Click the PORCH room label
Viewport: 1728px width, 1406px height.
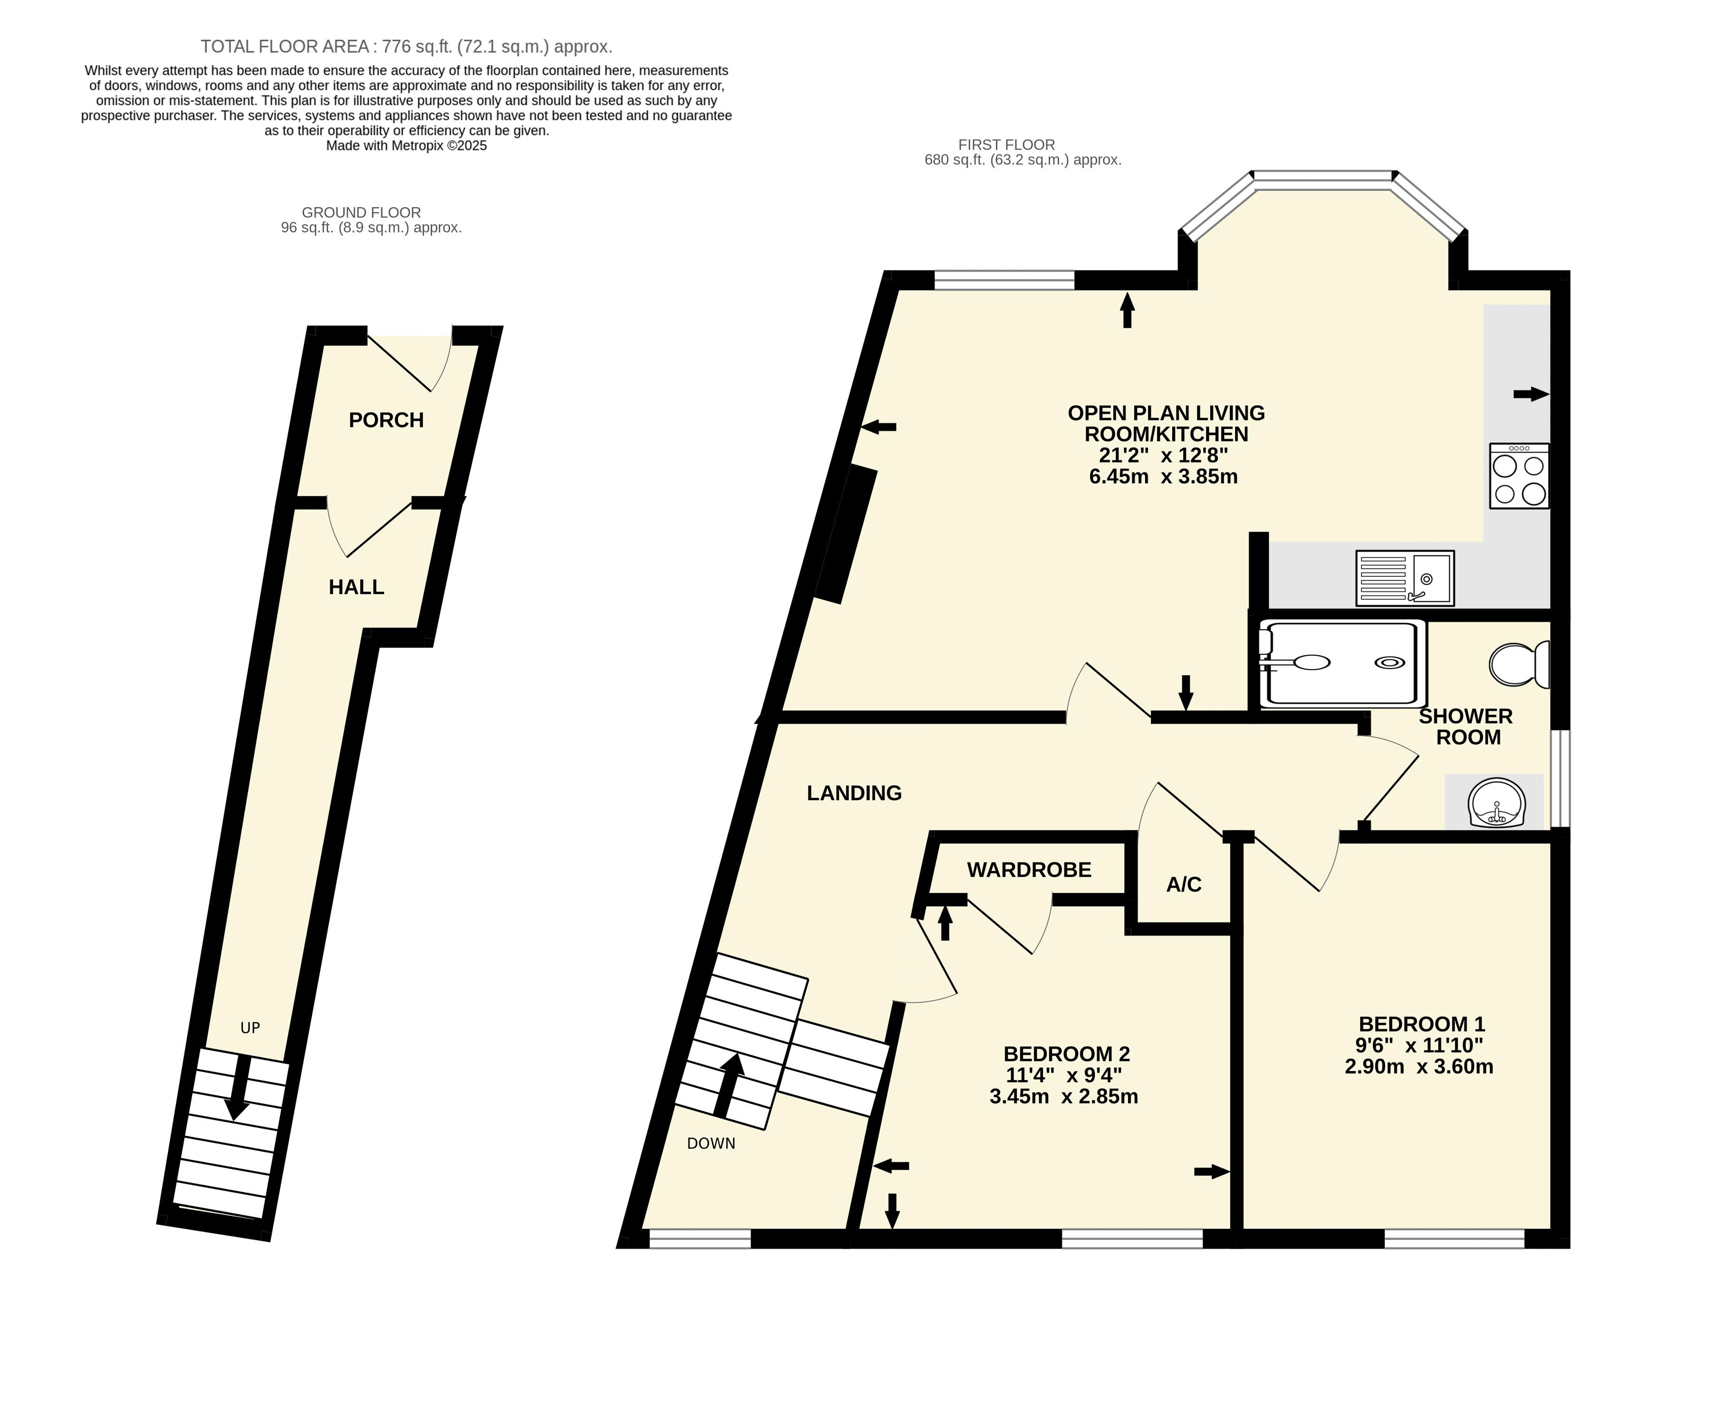pyautogui.click(x=386, y=420)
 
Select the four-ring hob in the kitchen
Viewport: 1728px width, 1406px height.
pyautogui.click(x=1519, y=476)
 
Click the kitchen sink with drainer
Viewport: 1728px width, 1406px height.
pyautogui.click(x=1405, y=578)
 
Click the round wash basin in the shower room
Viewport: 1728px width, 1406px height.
pyautogui.click(x=1496, y=802)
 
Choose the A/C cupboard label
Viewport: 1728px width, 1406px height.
pyautogui.click(x=1184, y=884)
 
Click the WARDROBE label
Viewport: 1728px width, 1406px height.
pyautogui.click(x=1029, y=870)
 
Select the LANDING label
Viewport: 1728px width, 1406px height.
pyautogui.click(x=854, y=793)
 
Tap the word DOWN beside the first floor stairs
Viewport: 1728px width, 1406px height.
pyautogui.click(x=711, y=1144)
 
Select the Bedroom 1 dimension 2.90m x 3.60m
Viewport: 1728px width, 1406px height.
pyautogui.click(x=1419, y=1067)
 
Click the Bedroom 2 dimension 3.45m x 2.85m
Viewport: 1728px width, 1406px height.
pyautogui.click(x=1064, y=1097)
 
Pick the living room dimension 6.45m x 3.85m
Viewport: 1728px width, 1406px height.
pyautogui.click(x=1163, y=476)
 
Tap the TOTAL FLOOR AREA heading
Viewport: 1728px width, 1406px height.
pyautogui.click(x=406, y=46)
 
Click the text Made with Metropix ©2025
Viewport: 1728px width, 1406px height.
pyautogui.click(x=406, y=146)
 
